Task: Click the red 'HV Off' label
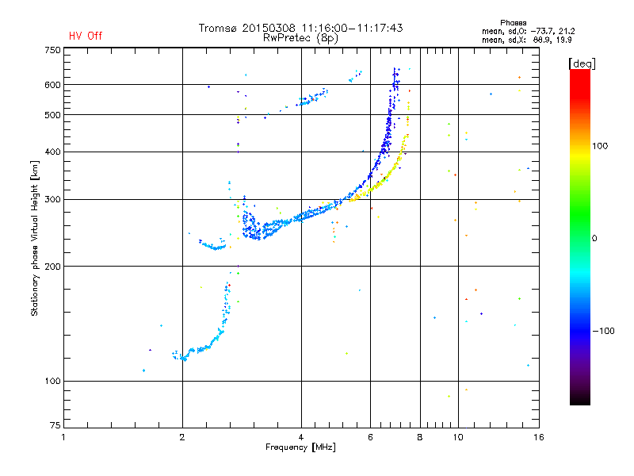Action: point(85,36)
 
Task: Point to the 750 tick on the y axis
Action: point(52,49)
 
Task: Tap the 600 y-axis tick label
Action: point(52,84)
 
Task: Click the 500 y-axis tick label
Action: point(52,114)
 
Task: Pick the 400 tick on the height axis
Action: point(52,152)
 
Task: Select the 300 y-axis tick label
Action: point(52,199)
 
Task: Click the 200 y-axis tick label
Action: point(52,266)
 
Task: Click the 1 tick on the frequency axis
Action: point(63,436)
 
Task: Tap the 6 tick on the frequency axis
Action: point(371,436)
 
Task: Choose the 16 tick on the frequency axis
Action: point(539,436)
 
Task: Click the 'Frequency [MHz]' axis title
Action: point(300,447)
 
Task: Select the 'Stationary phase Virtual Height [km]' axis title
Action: point(35,238)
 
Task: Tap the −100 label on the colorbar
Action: point(603,331)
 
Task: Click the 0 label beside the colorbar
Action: point(595,238)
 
